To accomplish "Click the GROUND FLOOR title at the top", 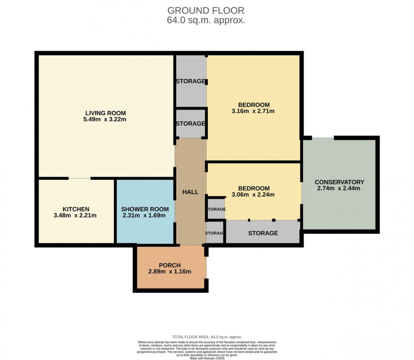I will point(206,11).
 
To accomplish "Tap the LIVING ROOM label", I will point(106,113).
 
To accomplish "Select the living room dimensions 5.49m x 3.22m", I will point(106,120).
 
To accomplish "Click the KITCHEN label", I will point(76,209).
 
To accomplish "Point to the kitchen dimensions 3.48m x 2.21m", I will point(76,215).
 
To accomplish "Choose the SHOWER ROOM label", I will point(145,209).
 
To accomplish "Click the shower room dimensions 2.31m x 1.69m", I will point(145,215).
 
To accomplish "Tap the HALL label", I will point(190,192).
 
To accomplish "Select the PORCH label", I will point(170,265).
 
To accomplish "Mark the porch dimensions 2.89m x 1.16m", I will point(170,272).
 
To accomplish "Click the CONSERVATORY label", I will point(339,182).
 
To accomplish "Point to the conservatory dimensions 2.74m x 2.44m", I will point(339,188).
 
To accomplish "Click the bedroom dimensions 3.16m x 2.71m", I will point(253,112).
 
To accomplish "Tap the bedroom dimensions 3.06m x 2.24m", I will point(253,195).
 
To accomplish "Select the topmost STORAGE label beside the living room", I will point(191,81).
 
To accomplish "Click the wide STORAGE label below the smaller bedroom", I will point(263,233).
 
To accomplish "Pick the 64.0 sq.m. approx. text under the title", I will point(206,20).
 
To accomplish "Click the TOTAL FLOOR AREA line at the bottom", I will point(207,337).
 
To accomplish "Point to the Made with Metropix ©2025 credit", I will point(207,358).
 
